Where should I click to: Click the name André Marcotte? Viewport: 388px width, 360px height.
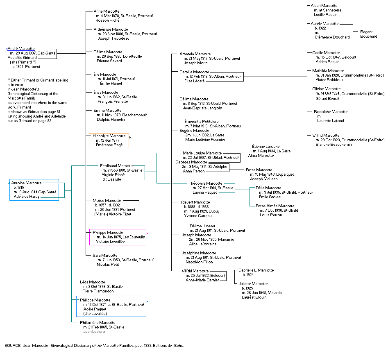click(21, 49)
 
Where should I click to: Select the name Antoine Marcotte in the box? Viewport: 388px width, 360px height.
click(26, 183)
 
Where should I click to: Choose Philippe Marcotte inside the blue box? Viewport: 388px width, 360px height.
click(95, 300)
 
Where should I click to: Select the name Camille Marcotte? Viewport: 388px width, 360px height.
click(195, 72)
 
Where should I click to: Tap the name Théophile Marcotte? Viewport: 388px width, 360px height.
click(205, 183)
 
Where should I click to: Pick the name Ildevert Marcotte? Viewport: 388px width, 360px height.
click(195, 202)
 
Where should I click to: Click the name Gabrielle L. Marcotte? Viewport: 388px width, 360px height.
click(256, 270)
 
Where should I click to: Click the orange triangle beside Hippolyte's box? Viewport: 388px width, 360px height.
click(130, 138)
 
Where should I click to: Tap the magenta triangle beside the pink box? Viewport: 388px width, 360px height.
click(147, 234)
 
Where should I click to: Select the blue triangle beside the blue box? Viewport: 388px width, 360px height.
click(147, 302)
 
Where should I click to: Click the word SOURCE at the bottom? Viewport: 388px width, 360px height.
click(13, 346)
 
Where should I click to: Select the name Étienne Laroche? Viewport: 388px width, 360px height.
click(265, 147)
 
